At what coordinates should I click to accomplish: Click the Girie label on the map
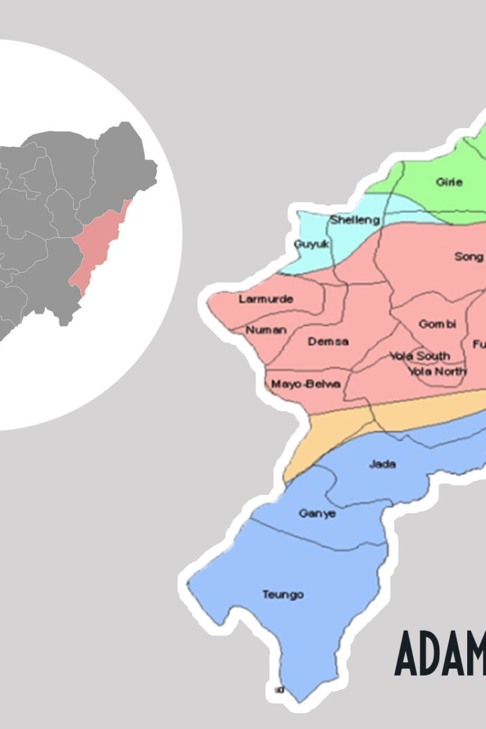coord(449,182)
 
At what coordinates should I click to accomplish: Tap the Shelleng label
coord(355,220)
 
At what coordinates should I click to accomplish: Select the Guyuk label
coord(311,244)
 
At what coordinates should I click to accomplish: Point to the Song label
coord(468,256)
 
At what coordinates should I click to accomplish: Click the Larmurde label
coord(265,299)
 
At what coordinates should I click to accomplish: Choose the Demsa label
coord(328,341)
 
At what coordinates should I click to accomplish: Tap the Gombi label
coord(437,324)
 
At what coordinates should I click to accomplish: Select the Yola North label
coord(437,371)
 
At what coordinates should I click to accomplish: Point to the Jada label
coord(382,464)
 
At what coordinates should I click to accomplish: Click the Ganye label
coord(317,513)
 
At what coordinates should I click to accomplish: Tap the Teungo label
coord(282,594)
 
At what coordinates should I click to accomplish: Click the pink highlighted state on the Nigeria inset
coord(97,249)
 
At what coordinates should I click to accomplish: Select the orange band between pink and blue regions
coord(340,428)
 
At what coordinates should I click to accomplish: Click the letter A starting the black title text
coord(409,653)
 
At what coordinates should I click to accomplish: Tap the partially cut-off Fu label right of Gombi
coord(479,344)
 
